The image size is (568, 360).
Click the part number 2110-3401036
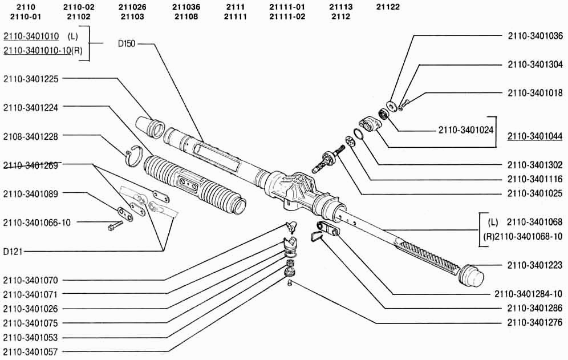click(x=535, y=35)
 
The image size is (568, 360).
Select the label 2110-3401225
click(x=31, y=79)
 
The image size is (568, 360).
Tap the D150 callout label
click(x=127, y=44)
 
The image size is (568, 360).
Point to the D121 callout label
click(x=13, y=251)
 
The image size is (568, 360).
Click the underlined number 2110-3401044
click(x=535, y=136)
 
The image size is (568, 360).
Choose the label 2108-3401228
click(x=31, y=136)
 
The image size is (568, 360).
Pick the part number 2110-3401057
click(x=31, y=351)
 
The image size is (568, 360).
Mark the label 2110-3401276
click(x=535, y=322)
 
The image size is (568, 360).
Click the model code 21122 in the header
click(x=388, y=7)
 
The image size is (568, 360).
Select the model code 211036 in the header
click(x=186, y=7)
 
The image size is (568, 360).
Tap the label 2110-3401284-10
click(x=529, y=294)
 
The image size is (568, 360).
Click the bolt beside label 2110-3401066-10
click(x=115, y=225)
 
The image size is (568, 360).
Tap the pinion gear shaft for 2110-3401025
click(x=327, y=159)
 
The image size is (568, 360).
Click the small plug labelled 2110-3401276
click(x=290, y=282)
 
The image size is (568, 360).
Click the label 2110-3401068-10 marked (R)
click(x=523, y=236)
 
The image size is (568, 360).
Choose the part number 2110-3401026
click(x=31, y=309)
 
